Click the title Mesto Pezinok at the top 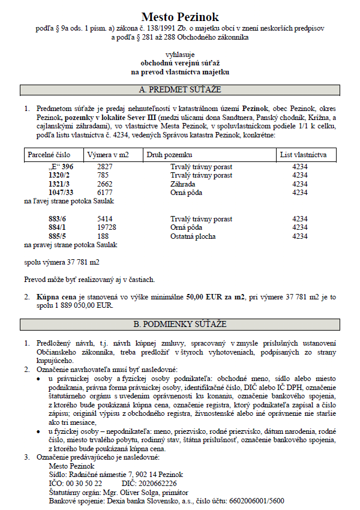180,17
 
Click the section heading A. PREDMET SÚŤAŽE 180,90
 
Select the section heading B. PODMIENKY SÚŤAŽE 180,324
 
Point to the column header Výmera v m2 108,155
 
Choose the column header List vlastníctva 304,155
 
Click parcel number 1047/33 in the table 62,193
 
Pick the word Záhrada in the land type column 183,184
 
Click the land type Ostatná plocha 195,236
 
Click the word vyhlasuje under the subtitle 180,53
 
